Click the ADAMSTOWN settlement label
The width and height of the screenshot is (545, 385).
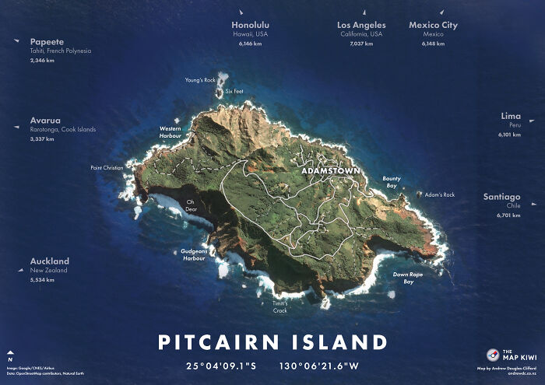tap(330, 170)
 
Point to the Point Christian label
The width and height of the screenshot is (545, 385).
tap(107, 167)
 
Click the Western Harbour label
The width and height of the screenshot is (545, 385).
tap(170, 131)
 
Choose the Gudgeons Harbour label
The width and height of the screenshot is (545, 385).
tap(193, 254)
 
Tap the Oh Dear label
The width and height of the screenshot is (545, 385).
tap(190, 205)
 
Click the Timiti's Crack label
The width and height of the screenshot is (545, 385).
tap(280, 306)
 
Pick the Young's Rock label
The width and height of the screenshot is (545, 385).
tap(200, 80)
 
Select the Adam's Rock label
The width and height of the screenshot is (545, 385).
tap(440, 194)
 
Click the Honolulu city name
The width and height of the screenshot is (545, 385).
tap(251, 25)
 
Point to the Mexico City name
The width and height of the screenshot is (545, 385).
tap(433, 25)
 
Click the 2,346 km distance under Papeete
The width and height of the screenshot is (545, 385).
tap(42, 60)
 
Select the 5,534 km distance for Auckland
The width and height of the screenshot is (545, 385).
tap(42, 279)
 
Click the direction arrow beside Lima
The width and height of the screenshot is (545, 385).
tap(533, 121)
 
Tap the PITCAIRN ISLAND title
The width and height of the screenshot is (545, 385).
tap(272, 342)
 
